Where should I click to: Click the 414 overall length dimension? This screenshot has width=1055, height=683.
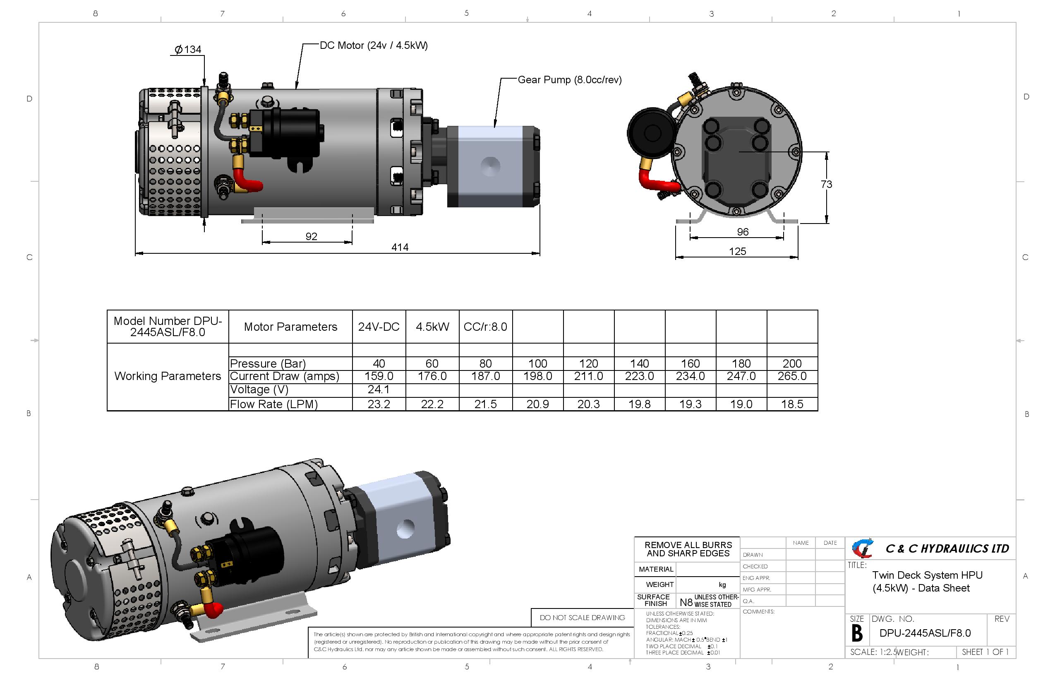coord(400,247)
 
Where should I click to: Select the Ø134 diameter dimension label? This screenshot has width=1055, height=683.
coord(188,49)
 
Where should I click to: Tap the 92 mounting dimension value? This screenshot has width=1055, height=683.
coord(311,236)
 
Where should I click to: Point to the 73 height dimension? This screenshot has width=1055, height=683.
coord(826,184)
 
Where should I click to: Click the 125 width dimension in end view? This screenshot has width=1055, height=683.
coord(738,252)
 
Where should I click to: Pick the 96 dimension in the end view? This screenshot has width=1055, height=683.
coord(743,232)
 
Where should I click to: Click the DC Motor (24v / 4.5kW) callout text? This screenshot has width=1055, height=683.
coord(374,45)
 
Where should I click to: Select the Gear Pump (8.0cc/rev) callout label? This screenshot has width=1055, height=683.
coord(570,80)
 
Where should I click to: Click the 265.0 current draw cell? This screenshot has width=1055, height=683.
coord(792,376)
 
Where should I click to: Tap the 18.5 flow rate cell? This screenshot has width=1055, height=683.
coord(792,404)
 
